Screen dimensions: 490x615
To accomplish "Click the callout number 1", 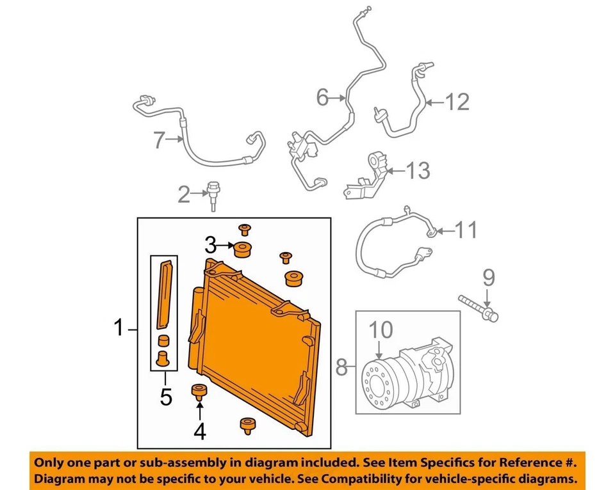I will point(118,329).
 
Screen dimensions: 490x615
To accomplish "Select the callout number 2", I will point(184,194).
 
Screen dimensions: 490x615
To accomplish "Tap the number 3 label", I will point(211,244).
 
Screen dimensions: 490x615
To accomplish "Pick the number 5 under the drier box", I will point(166,397).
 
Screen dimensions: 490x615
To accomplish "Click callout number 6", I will point(323,98).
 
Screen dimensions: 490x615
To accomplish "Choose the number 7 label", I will point(160,139).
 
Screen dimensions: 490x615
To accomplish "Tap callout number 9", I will point(488,277).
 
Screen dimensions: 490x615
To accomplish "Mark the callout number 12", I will point(457,101).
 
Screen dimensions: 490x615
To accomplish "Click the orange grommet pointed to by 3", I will point(243,249).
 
